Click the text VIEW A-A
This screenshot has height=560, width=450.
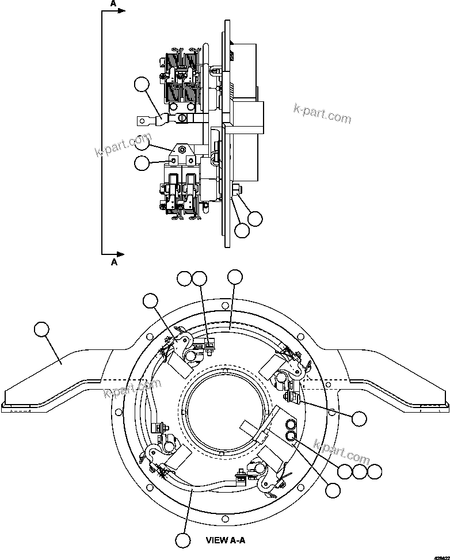(x=226, y=540)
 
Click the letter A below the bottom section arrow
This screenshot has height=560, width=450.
(x=114, y=262)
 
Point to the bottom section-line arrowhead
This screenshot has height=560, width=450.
(x=121, y=253)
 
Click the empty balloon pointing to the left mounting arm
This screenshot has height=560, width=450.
(x=42, y=330)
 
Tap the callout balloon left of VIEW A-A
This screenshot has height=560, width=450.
(x=183, y=540)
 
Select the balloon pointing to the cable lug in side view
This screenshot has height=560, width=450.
(x=141, y=85)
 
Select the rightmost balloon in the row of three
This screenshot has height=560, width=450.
(x=375, y=471)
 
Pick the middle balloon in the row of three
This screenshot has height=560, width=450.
(x=360, y=471)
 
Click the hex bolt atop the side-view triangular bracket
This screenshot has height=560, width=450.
(x=182, y=150)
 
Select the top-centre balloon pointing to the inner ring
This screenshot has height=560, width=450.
(x=235, y=277)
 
